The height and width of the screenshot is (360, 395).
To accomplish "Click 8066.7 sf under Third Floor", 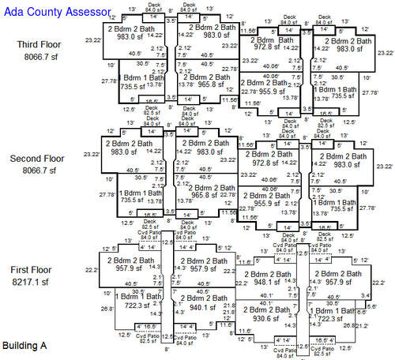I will pyautogui.click(x=36, y=57).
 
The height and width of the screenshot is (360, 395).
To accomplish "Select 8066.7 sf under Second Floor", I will pyautogui.click(x=36, y=171).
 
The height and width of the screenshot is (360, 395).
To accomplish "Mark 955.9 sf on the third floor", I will pyautogui.click(x=265, y=91).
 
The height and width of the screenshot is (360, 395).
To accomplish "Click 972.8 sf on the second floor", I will pyautogui.click(x=266, y=163).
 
